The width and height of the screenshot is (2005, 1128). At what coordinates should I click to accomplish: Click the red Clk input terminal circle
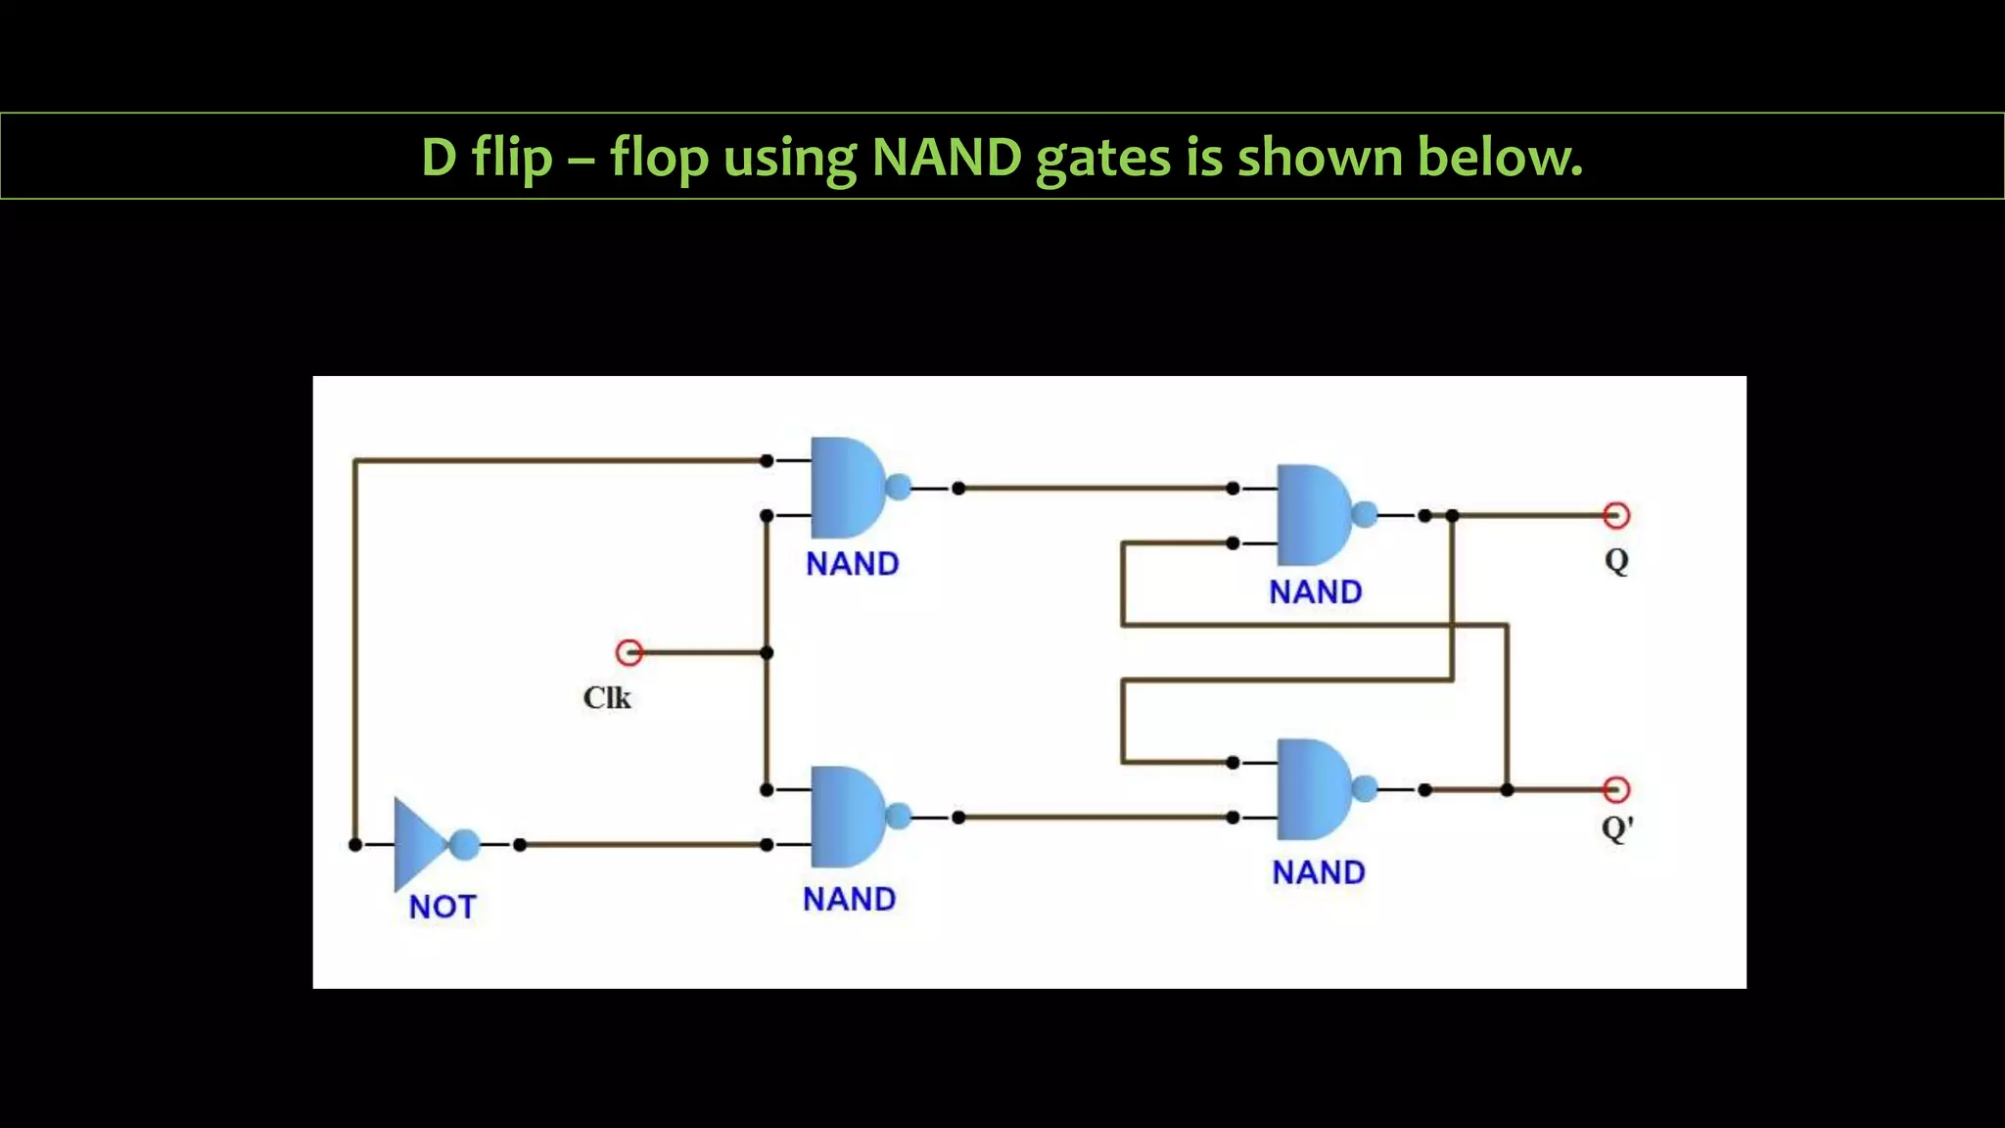[629, 652]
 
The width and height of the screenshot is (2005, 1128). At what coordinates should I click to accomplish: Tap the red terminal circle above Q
[1616, 515]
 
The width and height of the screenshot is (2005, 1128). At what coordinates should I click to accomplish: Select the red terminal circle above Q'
[1616, 789]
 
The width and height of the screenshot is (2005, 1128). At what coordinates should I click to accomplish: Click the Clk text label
[607, 698]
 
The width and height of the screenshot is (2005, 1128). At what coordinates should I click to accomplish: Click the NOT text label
[442, 907]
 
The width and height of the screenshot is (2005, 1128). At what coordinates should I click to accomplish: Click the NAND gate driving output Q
[1312, 515]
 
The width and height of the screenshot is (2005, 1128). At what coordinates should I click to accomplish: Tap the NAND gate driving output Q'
[1312, 789]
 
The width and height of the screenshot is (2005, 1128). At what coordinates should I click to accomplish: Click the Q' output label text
[1617, 828]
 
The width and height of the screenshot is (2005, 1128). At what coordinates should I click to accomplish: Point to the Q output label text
[1616, 561]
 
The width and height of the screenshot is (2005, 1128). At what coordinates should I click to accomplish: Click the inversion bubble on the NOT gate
[465, 844]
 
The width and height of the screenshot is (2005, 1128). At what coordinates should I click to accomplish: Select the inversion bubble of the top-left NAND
[898, 488]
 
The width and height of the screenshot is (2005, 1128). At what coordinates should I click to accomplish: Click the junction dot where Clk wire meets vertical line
[767, 652]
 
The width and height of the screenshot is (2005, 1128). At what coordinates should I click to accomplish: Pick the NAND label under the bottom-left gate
[849, 899]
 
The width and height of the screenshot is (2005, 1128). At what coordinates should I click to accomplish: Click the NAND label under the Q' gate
[1319, 872]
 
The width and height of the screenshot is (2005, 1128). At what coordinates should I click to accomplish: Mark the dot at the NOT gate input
[355, 844]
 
